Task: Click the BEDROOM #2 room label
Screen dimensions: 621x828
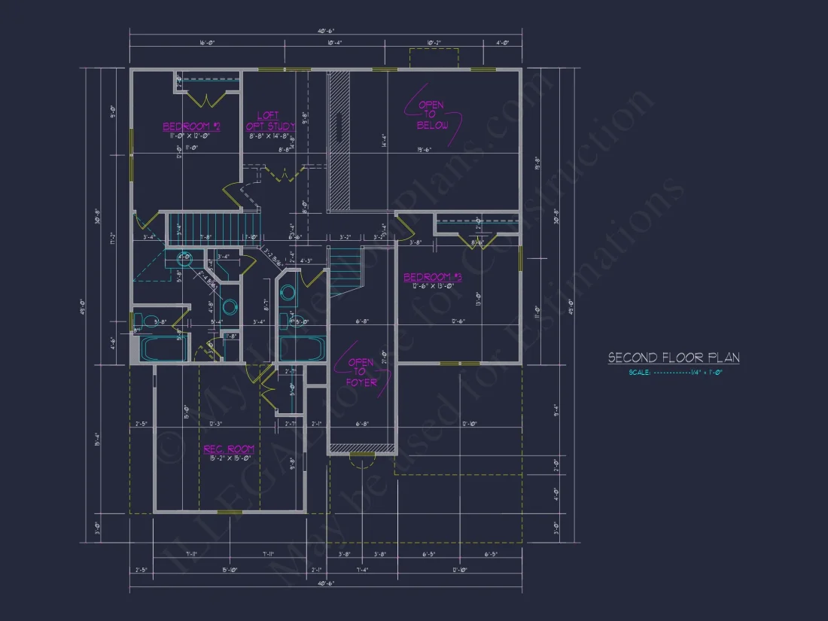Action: pyautogui.click(x=191, y=126)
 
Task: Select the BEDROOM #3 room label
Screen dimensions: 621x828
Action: pyautogui.click(x=432, y=277)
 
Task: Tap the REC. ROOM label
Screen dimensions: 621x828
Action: pyautogui.click(x=229, y=449)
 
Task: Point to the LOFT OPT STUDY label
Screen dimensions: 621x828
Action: pyautogui.click(x=269, y=121)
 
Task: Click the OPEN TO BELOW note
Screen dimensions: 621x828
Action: pyautogui.click(x=432, y=115)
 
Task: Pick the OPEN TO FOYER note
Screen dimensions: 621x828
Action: pyautogui.click(x=361, y=372)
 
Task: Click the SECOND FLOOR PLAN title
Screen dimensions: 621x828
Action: pyautogui.click(x=673, y=358)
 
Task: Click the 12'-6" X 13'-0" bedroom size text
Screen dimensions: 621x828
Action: pyautogui.click(x=431, y=286)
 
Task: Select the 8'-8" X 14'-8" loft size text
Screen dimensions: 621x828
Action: pyautogui.click(x=269, y=136)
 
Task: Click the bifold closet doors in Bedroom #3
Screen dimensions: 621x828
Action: pyautogui.click(x=477, y=241)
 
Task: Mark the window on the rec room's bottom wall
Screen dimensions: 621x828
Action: pyautogui.click(x=224, y=513)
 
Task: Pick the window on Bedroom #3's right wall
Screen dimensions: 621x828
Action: pyautogui.click(x=520, y=257)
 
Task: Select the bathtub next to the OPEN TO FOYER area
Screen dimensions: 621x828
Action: pyautogui.click(x=301, y=348)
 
